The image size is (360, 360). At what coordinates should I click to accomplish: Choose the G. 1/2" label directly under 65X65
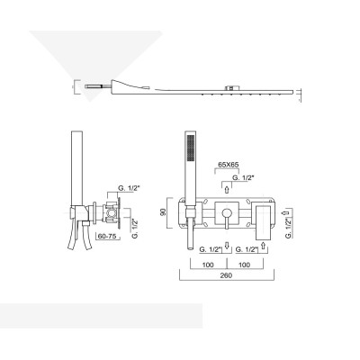pyautogui.click(x=241, y=179)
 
